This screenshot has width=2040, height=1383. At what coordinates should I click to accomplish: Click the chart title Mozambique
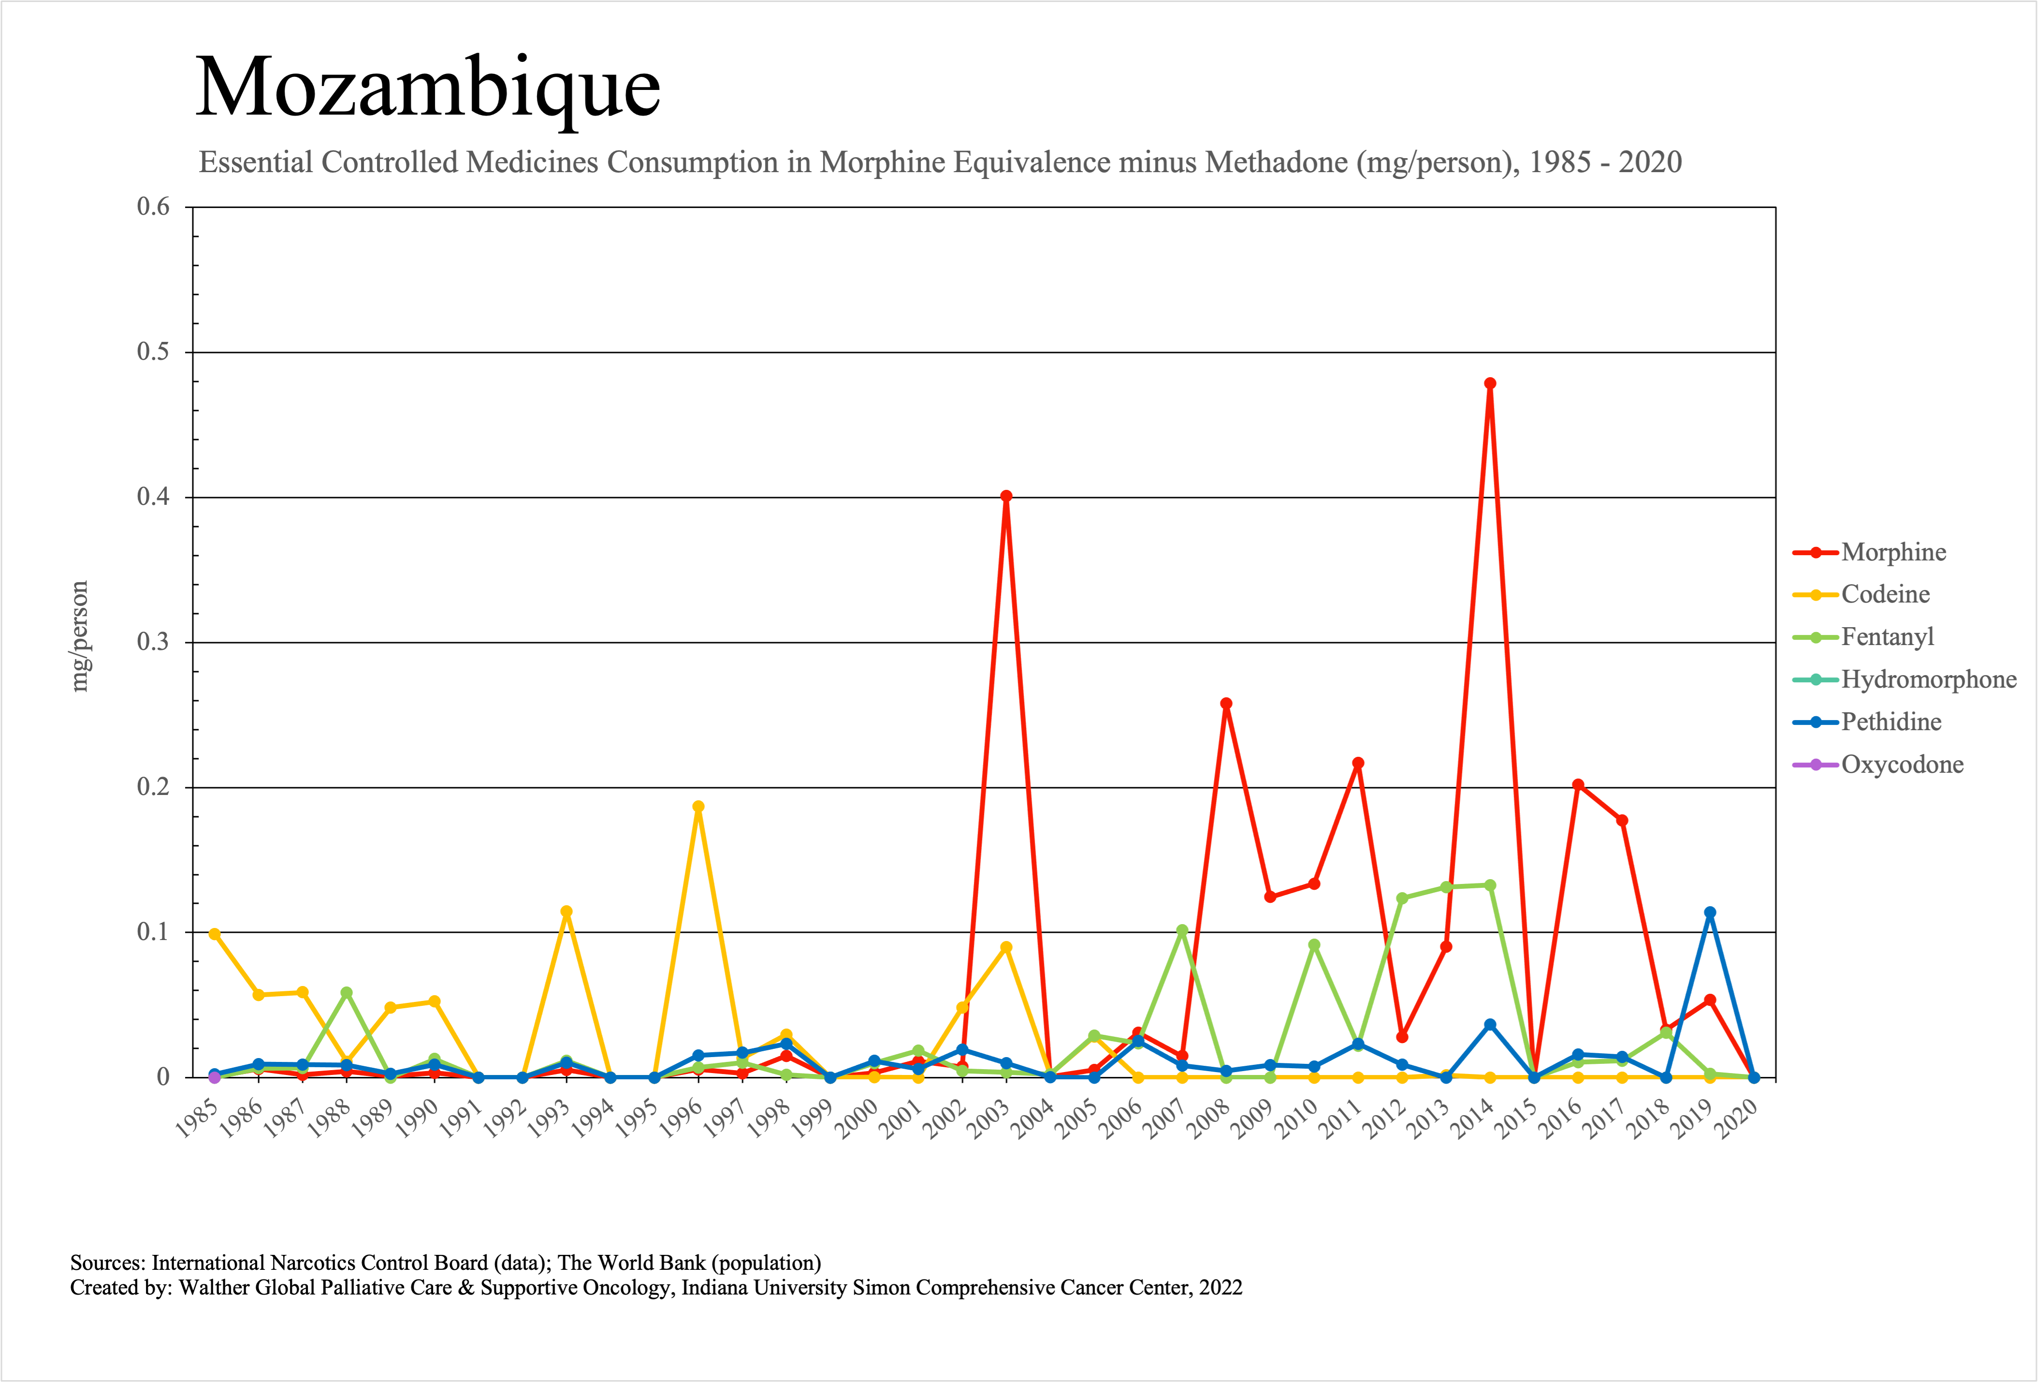(428, 88)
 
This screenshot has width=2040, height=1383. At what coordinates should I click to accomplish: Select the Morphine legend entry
(1894, 552)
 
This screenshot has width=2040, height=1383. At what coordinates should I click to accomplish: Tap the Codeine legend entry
(1885, 594)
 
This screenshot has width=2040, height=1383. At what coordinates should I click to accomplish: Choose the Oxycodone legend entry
(1902, 765)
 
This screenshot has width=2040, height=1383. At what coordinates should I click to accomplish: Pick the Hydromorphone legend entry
(1928, 679)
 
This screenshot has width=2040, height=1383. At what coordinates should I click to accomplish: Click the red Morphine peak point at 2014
(1490, 384)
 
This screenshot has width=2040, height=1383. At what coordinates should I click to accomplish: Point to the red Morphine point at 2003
(1006, 496)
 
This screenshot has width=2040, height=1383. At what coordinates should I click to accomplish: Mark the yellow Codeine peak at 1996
(698, 807)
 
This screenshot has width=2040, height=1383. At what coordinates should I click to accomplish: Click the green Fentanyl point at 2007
(1182, 930)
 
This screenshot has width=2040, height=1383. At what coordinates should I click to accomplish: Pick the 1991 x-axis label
(462, 1118)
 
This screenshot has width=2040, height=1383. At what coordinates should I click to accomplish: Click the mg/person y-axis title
(80, 637)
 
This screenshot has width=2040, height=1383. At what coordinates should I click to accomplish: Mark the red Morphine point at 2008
(1226, 704)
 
